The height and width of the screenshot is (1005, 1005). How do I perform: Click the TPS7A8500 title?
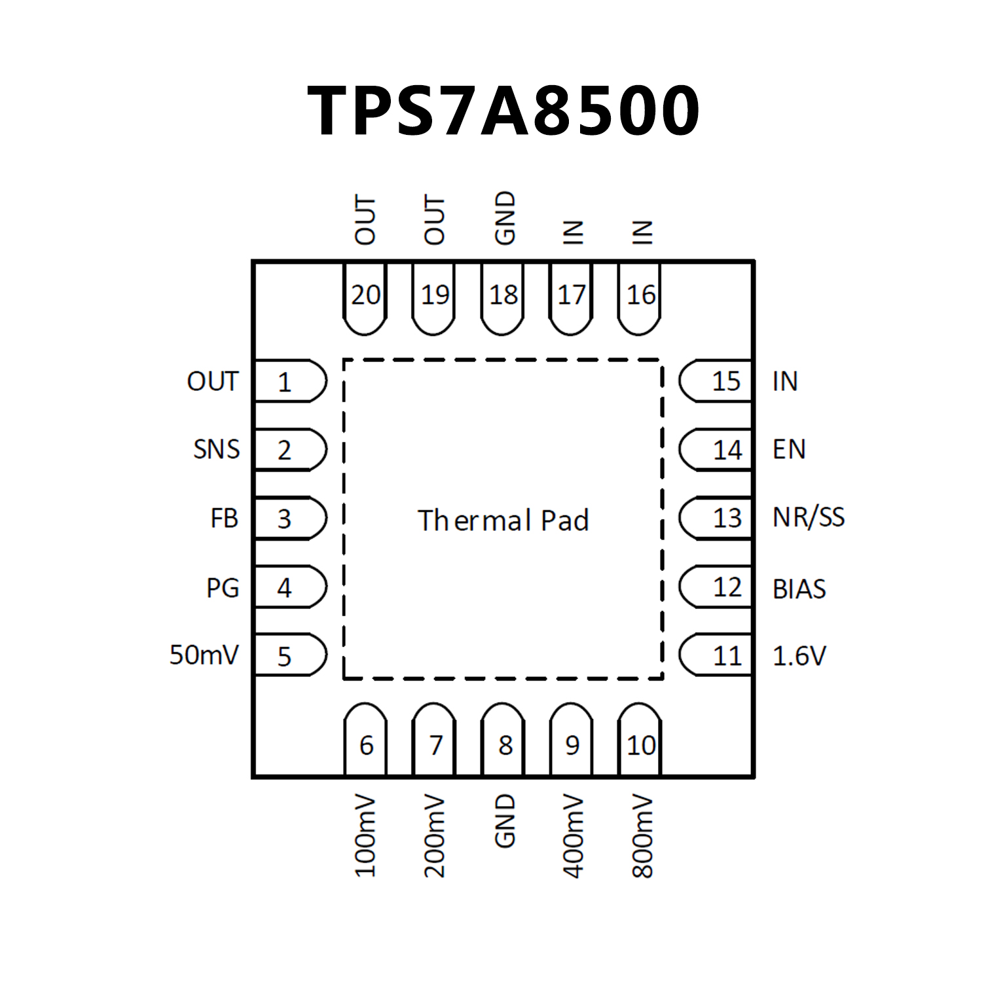tap(503, 111)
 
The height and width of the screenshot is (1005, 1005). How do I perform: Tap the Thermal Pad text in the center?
tap(503, 521)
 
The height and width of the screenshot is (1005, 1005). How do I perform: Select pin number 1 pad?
tap(289, 381)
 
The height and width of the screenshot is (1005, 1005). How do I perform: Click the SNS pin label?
tap(216, 450)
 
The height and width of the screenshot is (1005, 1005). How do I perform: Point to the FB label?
tap(224, 519)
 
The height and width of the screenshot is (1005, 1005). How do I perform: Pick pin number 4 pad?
tap(289, 587)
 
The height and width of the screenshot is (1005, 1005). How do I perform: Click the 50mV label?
tap(204, 655)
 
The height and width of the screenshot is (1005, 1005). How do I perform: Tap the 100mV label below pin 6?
tap(365, 836)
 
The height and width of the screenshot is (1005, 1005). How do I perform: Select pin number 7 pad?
tap(434, 741)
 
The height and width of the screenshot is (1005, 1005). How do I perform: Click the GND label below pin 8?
tap(505, 821)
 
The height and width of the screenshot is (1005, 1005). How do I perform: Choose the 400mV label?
tap(574, 836)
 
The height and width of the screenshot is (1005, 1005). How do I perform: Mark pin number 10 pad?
tap(640, 741)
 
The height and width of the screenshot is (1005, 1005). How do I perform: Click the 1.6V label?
tap(799, 655)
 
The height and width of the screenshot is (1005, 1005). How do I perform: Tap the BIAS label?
tap(799, 589)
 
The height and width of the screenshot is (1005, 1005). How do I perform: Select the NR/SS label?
tap(809, 518)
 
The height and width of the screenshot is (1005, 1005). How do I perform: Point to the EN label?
tap(789, 450)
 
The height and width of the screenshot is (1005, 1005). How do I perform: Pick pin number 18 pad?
tap(503, 298)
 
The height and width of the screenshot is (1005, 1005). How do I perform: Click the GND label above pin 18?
tap(505, 219)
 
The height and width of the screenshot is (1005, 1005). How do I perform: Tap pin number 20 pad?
tap(365, 298)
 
